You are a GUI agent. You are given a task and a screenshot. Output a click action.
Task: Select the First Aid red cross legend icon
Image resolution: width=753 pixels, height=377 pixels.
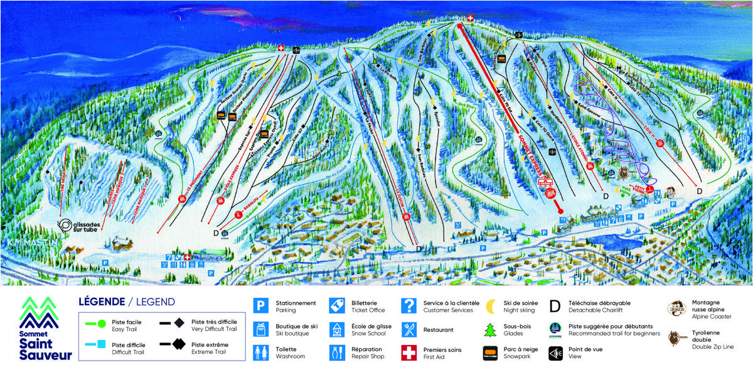pyautogui.click(x=409, y=352)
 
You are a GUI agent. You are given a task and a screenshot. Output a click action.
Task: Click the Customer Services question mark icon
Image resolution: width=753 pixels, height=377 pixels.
pyautogui.click(x=409, y=306)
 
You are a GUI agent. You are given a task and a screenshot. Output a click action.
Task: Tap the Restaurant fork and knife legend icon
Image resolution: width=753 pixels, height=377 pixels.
pyautogui.click(x=409, y=329)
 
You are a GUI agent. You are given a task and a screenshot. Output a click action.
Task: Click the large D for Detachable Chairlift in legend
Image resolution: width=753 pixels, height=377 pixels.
pyautogui.click(x=555, y=306)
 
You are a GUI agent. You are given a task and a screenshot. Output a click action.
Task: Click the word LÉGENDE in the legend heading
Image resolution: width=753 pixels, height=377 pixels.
pyautogui.click(x=100, y=302)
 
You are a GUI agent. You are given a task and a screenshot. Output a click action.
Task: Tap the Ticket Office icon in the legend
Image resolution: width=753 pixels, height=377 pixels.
pyautogui.click(x=336, y=306)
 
